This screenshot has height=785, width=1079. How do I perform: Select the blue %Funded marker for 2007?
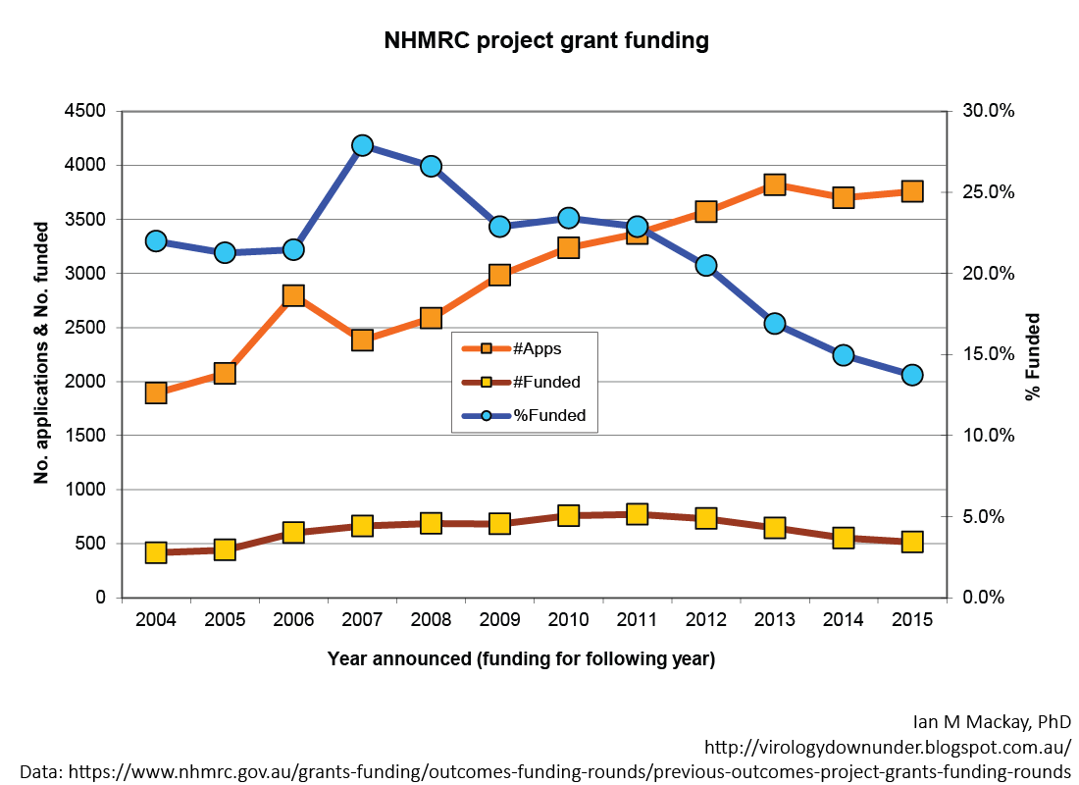click(362, 145)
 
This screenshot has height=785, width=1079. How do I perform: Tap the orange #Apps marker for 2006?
click(293, 295)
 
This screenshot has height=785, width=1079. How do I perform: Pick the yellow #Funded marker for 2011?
click(637, 513)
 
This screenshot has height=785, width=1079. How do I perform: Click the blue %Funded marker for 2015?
click(912, 375)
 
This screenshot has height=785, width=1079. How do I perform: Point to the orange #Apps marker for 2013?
click(775, 184)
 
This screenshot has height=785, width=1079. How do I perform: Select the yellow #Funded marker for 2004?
click(155, 552)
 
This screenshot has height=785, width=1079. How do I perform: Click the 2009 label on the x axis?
click(499, 620)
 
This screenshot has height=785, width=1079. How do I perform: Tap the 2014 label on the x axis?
click(844, 620)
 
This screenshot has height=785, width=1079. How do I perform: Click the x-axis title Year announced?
click(521, 658)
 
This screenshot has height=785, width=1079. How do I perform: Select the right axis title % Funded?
click(1032, 356)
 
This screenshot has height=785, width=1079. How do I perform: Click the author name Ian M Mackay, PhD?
click(992, 721)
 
